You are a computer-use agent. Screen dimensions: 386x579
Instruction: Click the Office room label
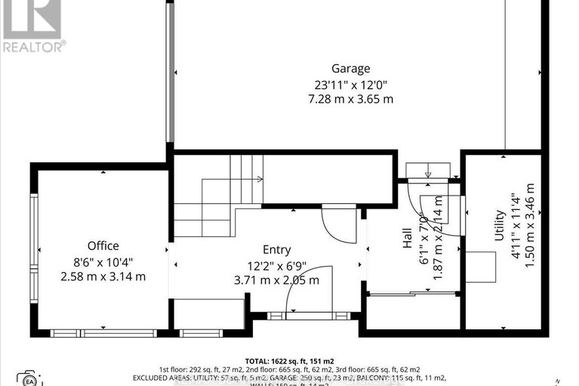(x=103, y=245)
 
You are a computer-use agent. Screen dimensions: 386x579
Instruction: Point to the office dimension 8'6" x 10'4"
(x=103, y=261)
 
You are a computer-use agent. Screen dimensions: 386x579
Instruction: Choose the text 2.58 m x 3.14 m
(x=103, y=276)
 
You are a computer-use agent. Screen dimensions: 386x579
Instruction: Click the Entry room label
(x=276, y=250)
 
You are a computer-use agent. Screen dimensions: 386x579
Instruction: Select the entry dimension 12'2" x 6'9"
(x=276, y=265)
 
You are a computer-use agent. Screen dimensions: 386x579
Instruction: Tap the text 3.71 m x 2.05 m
(x=276, y=280)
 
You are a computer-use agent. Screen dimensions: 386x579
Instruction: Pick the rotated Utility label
(x=499, y=226)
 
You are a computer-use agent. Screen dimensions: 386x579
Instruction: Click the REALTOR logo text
(x=34, y=46)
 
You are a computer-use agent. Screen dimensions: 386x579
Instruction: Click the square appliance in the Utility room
(x=480, y=267)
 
